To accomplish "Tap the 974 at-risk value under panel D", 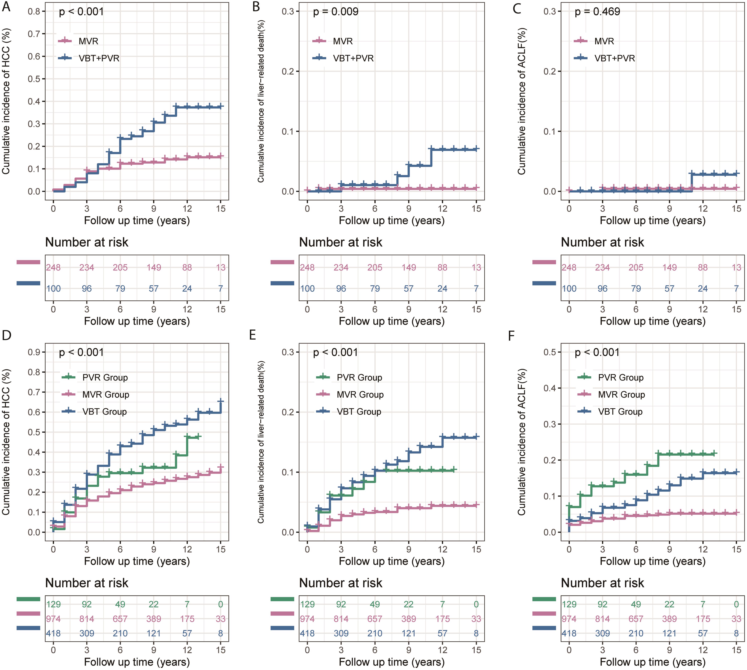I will click(x=53, y=619).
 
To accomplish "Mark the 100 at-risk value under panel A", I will click(x=53, y=289).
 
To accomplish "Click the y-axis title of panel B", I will click(x=261, y=101).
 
